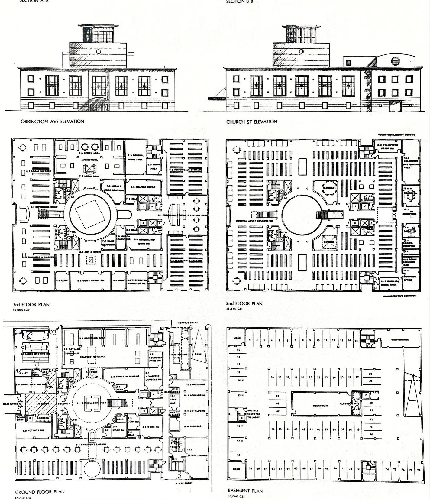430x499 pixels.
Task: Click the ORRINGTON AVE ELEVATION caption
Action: coord(52,122)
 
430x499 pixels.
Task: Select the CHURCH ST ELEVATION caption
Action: coord(252,122)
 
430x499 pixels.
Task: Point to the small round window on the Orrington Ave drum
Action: coord(99,51)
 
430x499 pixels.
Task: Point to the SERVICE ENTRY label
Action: coord(188,323)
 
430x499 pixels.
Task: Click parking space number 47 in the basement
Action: coord(278,411)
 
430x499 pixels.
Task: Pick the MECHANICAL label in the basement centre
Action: coord(321,406)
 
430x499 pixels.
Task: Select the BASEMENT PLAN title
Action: coord(245,491)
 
